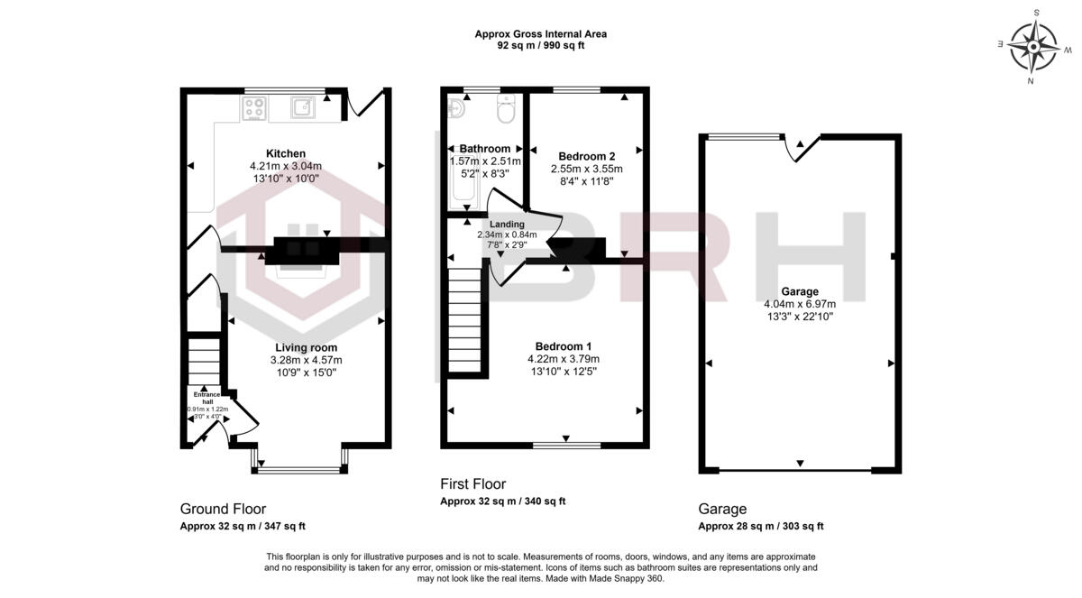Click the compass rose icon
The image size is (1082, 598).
point(1033,46)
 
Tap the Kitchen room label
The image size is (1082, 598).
point(285,153)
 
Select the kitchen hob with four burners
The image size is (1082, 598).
point(255,108)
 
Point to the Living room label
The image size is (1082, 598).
point(307,347)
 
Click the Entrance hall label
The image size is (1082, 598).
point(206,398)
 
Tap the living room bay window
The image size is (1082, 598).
point(298,468)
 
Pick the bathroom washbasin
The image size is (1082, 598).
point(456,109)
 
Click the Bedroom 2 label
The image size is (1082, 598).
point(586,155)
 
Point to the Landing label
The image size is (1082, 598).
point(506,225)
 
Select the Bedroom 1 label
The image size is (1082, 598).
point(563,346)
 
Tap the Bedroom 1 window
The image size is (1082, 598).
point(566,444)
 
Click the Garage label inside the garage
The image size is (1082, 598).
point(800,291)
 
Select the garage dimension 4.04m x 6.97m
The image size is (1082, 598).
point(800,304)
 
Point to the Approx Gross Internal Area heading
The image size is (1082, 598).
point(541,34)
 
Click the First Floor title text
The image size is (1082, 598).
point(472,483)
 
